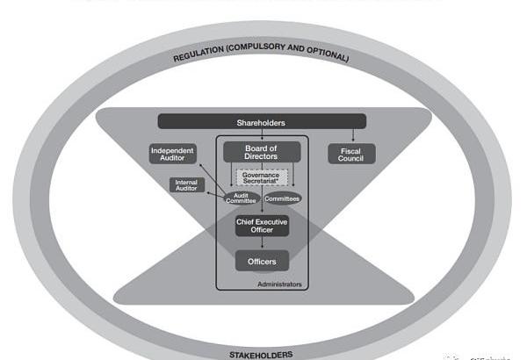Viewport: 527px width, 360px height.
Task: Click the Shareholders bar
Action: (x=262, y=121)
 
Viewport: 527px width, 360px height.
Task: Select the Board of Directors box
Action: (x=262, y=153)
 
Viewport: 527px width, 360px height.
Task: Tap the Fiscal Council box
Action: (x=350, y=155)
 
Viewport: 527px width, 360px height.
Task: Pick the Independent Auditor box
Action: (x=172, y=155)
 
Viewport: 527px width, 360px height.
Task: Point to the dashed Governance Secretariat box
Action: (x=261, y=176)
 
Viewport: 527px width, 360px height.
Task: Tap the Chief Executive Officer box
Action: (x=262, y=226)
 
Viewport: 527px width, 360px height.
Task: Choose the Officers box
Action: (x=262, y=261)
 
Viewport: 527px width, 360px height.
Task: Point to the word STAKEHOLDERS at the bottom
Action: (x=261, y=355)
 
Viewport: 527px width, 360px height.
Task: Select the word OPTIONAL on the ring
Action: (x=326, y=57)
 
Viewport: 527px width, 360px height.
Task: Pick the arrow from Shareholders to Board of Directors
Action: (x=262, y=134)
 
